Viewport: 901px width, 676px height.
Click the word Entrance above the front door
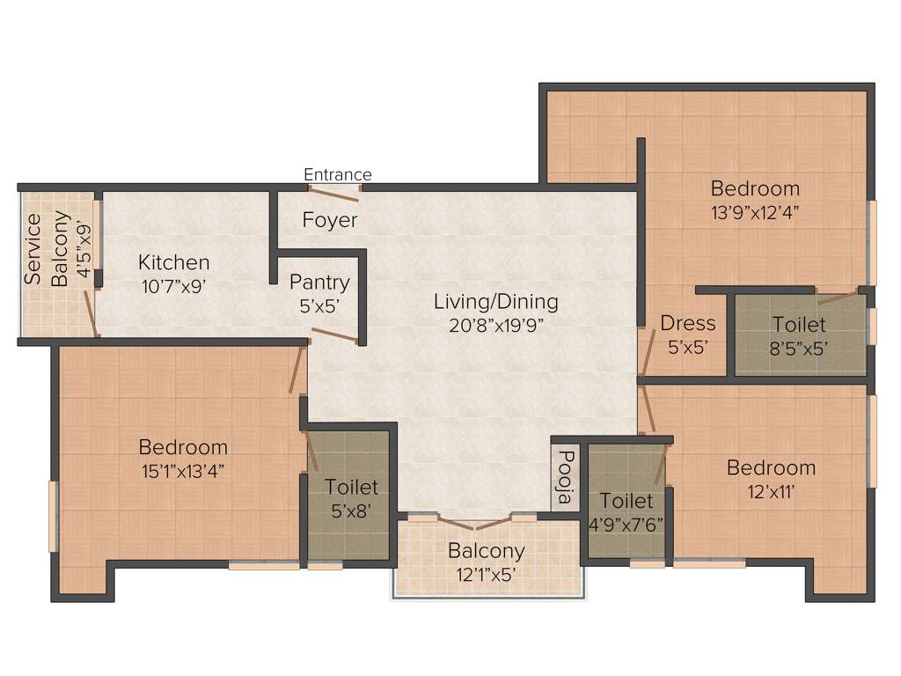click(x=338, y=174)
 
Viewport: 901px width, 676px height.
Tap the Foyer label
click(x=330, y=220)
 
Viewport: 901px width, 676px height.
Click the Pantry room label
click(x=319, y=283)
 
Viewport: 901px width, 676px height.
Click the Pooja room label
click(x=566, y=476)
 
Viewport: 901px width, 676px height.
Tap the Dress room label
click(x=688, y=324)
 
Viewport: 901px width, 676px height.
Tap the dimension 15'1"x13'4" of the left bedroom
click(x=183, y=470)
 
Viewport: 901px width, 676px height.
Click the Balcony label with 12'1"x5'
click(x=487, y=552)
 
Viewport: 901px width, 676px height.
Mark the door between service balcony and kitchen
click(x=91, y=313)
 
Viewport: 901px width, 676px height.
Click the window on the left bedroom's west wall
click(x=53, y=516)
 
